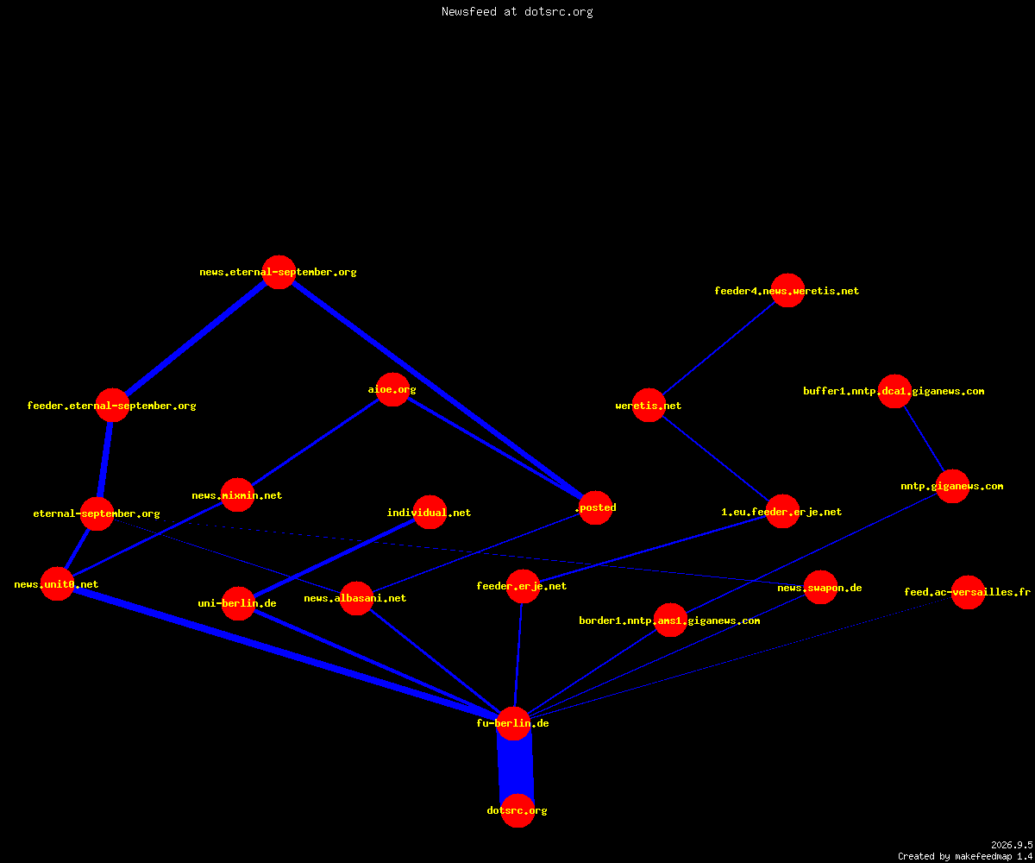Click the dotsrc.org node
click(x=517, y=810)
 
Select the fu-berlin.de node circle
click(x=513, y=724)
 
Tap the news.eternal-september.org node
click(x=279, y=273)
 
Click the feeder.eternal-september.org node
click(x=112, y=406)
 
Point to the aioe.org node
click(x=392, y=389)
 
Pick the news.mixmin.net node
click(x=237, y=495)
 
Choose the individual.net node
click(x=430, y=513)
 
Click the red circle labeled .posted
click(x=595, y=507)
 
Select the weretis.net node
click(x=649, y=406)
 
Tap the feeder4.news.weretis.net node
click(x=787, y=291)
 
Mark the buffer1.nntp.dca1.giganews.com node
click(x=894, y=391)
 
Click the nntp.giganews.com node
click(x=952, y=486)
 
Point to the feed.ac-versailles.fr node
click(x=968, y=592)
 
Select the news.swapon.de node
click(x=820, y=587)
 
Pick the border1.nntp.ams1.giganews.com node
click(x=670, y=620)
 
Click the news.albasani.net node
click(x=356, y=598)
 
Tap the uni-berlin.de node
click(x=238, y=603)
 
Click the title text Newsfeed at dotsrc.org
click(x=517, y=12)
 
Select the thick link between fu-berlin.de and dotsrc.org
click(x=516, y=767)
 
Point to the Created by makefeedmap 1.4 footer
click(x=965, y=857)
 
